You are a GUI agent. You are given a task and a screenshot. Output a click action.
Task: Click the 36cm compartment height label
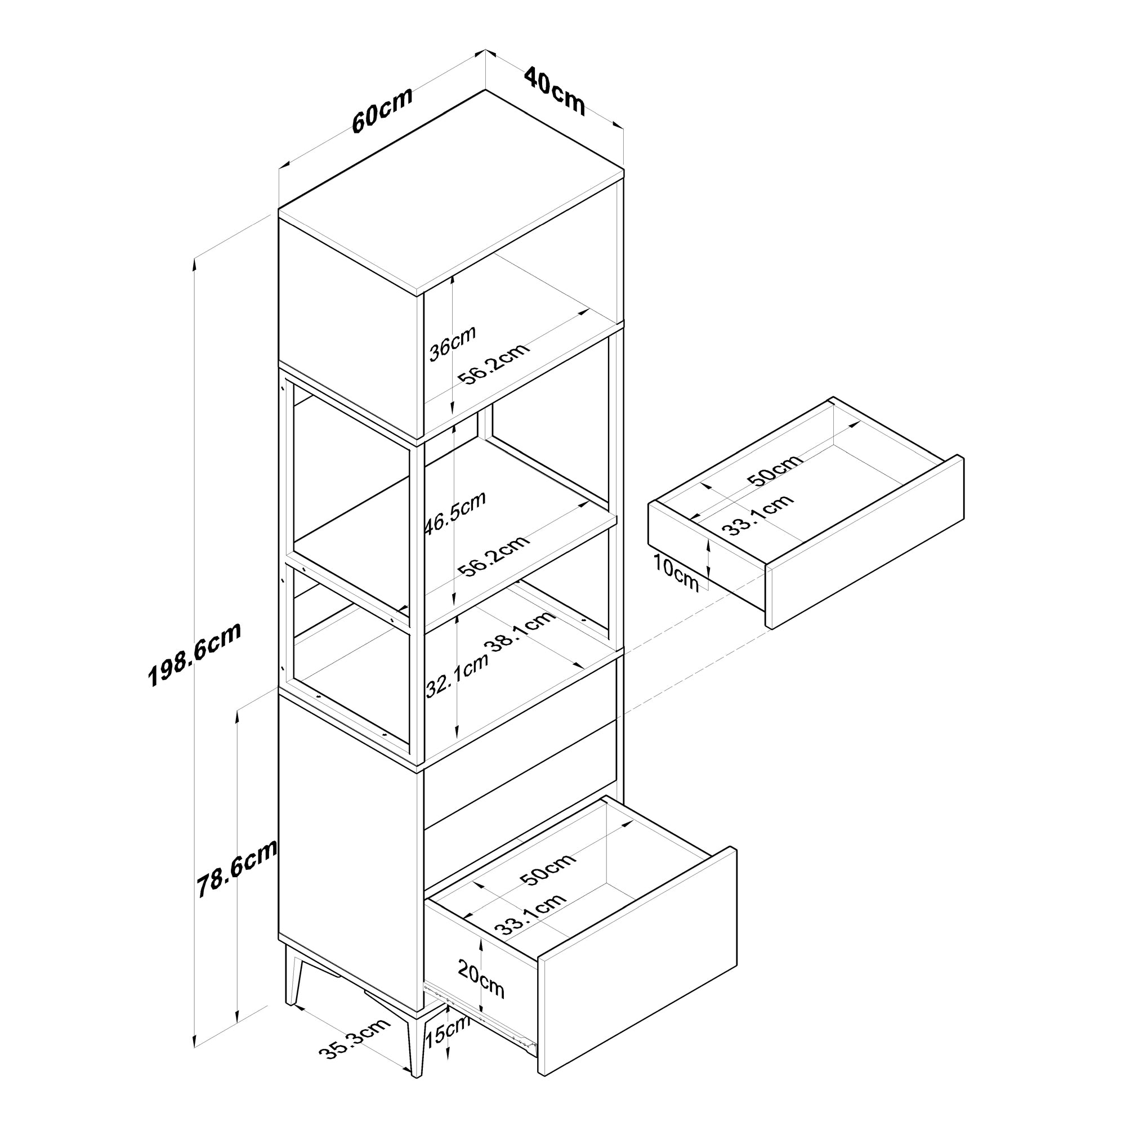(452, 343)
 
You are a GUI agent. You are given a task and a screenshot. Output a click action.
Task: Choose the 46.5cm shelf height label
(454, 513)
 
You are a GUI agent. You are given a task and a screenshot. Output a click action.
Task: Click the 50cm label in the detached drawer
(775, 469)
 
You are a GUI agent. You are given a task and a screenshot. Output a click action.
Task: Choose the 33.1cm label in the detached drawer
(757, 515)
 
